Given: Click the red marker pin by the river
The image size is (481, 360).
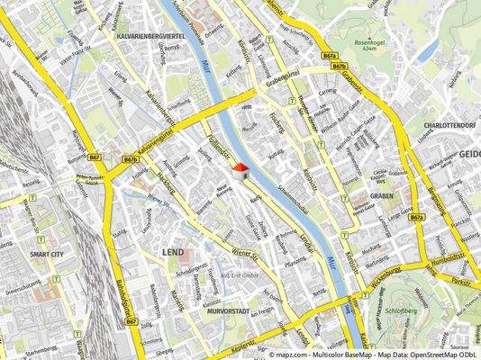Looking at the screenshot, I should coord(240,169).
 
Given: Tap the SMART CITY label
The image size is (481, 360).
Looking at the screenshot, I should coord(46,255).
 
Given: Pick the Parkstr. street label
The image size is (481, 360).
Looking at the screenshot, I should coord(463,282).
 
